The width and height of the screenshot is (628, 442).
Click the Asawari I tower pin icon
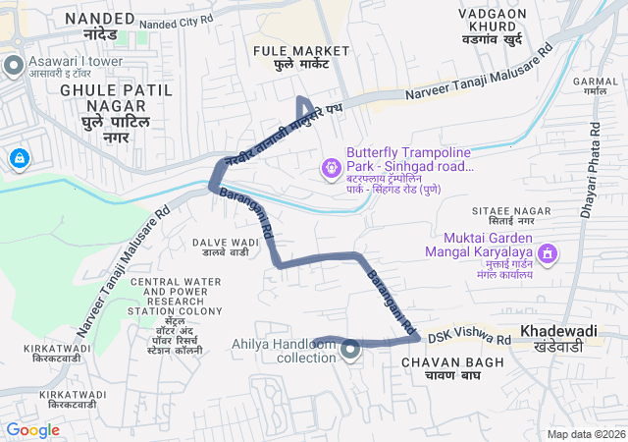(14, 66)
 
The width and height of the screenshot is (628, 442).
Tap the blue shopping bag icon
(18, 157)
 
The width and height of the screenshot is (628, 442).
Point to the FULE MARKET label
(301, 51)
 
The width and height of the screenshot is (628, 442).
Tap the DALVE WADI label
(225, 242)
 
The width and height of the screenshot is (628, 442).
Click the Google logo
(32, 429)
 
